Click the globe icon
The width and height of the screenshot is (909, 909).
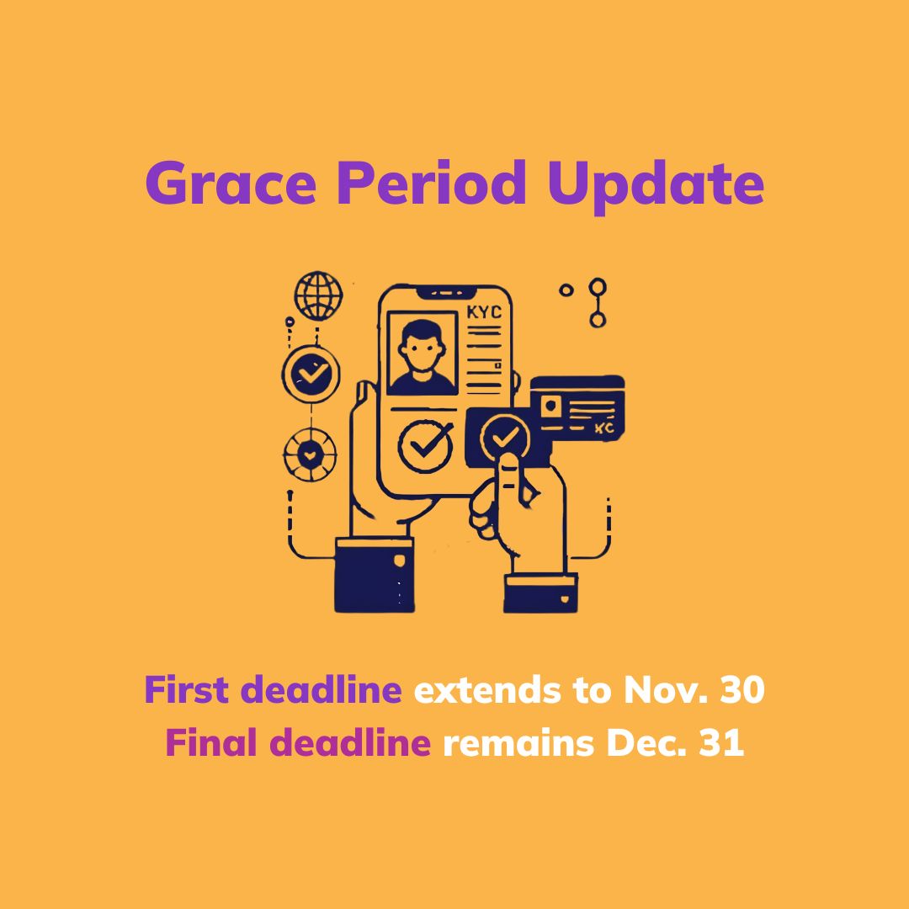pyautogui.click(x=318, y=295)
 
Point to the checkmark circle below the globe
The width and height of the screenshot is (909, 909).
pyautogui.click(x=311, y=375)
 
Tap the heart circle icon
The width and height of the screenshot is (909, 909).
pyautogui.click(x=310, y=454)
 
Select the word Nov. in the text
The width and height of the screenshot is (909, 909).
pyautogui.click(x=662, y=691)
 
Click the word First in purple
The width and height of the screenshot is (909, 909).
pyautogui.click(x=186, y=691)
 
